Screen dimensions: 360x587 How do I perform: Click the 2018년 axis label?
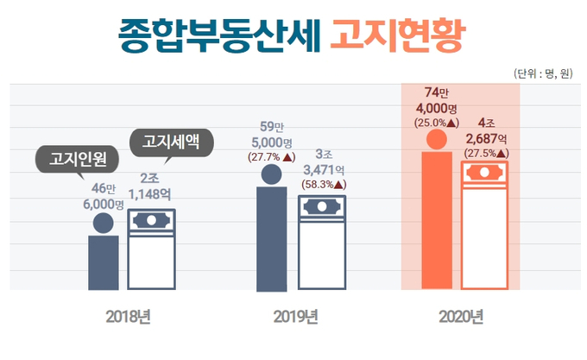[129, 316]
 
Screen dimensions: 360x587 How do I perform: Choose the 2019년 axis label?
[296, 316]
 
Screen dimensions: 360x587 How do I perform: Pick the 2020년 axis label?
[460, 316]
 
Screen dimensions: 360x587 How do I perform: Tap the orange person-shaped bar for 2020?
[436, 220]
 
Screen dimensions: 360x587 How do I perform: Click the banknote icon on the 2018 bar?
[152, 221]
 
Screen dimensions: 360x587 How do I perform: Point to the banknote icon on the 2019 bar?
[321, 208]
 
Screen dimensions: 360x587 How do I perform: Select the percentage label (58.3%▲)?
[324, 184]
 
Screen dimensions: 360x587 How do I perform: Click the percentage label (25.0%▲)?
[436, 122]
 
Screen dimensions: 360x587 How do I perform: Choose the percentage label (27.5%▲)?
[485, 153]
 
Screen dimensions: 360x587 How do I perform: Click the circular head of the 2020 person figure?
[436, 140]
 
